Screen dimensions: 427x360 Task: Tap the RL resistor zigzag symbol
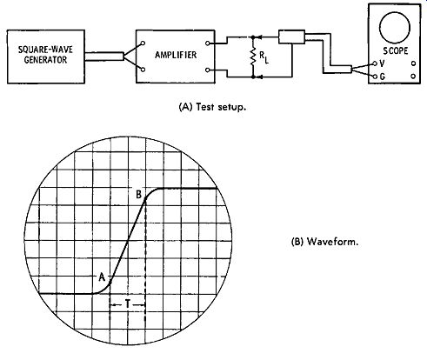[253, 57]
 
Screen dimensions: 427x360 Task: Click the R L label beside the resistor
[264, 58]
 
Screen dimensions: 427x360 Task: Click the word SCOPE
[396, 51]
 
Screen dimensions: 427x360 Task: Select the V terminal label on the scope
[382, 63]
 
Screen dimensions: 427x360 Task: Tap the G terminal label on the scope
[382, 77]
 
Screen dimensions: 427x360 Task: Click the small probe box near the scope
[291, 37]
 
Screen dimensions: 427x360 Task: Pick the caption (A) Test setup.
[213, 107]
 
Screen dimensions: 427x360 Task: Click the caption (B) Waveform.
[324, 242]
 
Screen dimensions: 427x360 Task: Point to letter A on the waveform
[102, 277]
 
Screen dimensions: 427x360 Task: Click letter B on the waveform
[139, 195]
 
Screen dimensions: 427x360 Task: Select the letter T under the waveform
[127, 304]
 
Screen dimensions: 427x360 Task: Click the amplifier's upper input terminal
[143, 43]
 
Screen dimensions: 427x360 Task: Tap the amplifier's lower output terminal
[207, 70]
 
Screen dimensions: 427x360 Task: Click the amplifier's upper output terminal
[207, 43]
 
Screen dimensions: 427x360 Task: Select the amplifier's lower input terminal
[143, 70]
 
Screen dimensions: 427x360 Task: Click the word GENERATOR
[45, 60]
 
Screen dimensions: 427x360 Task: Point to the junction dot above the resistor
[253, 37]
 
